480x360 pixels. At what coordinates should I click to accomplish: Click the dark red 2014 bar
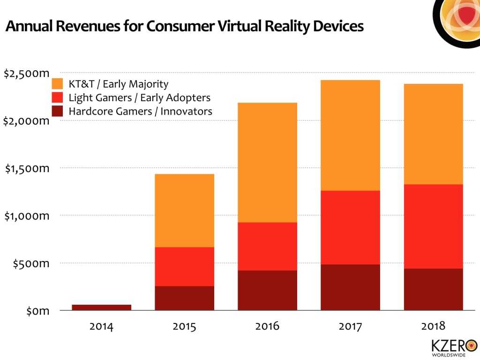(x=101, y=307)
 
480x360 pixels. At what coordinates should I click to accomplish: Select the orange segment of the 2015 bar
(x=184, y=210)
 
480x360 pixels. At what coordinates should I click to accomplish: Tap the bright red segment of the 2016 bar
(x=267, y=246)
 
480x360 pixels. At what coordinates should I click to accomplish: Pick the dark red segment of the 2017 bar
(x=350, y=287)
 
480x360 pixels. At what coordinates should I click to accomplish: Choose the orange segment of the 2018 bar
(x=433, y=134)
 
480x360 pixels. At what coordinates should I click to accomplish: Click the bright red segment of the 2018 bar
(x=433, y=226)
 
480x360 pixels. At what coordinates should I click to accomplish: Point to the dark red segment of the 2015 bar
(x=184, y=298)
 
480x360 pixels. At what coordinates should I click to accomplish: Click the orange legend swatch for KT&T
(x=58, y=84)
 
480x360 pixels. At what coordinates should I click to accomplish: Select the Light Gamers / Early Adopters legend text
(x=139, y=98)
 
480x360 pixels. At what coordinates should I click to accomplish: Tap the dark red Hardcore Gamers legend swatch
(x=58, y=112)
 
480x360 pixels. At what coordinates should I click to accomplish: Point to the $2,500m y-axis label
(x=26, y=74)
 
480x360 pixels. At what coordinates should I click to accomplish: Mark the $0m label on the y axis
(x=37, y=311)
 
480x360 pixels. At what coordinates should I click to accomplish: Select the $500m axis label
(x=31, y=263)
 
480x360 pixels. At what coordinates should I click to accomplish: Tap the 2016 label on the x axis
(x=267, y=326)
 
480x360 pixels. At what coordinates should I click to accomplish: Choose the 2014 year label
(x=101, y=326)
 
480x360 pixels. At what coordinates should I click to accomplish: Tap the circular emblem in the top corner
(x=457, y=19)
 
